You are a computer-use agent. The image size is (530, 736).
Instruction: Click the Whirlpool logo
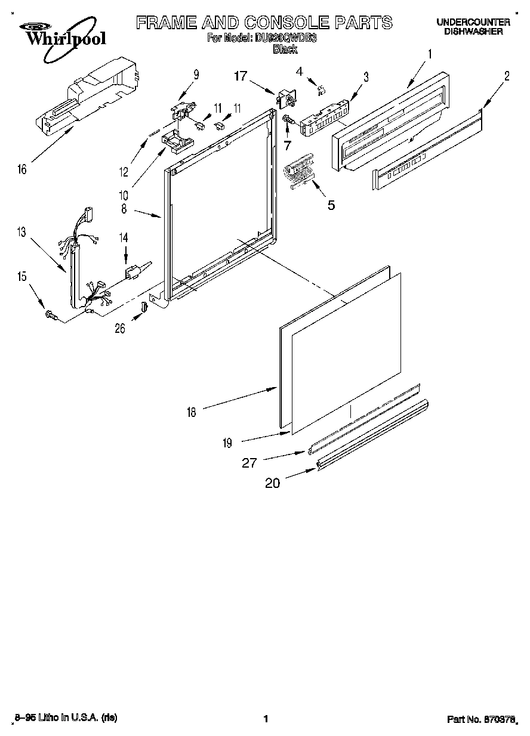click(x=58, y=35)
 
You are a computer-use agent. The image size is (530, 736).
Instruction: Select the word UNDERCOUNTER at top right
click(x=473, y=22)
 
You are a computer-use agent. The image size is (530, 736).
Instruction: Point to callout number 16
click(x=22, y=169)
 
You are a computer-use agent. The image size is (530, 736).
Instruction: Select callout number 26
click(x=120, y=328)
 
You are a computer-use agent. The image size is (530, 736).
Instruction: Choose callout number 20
click(x=272, y=483)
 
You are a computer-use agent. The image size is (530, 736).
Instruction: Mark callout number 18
click(x=191, y=412)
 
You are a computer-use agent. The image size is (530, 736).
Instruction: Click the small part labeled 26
click(x=143, y=307)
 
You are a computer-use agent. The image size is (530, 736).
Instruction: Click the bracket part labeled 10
click(x=177, y=140)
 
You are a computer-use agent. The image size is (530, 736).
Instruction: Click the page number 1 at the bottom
click(x=264, y=719)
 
